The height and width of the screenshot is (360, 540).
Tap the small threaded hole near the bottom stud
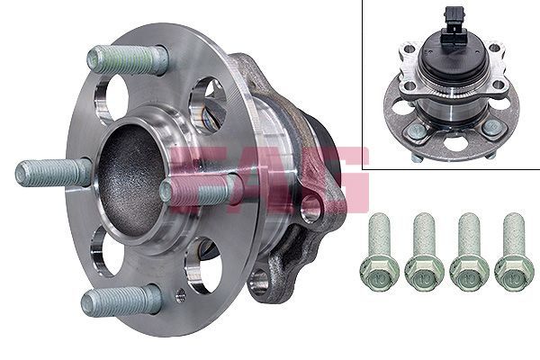(181, 293)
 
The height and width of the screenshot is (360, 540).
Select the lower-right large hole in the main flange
(200, 265)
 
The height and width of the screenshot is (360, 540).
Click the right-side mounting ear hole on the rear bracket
(311, 209)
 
